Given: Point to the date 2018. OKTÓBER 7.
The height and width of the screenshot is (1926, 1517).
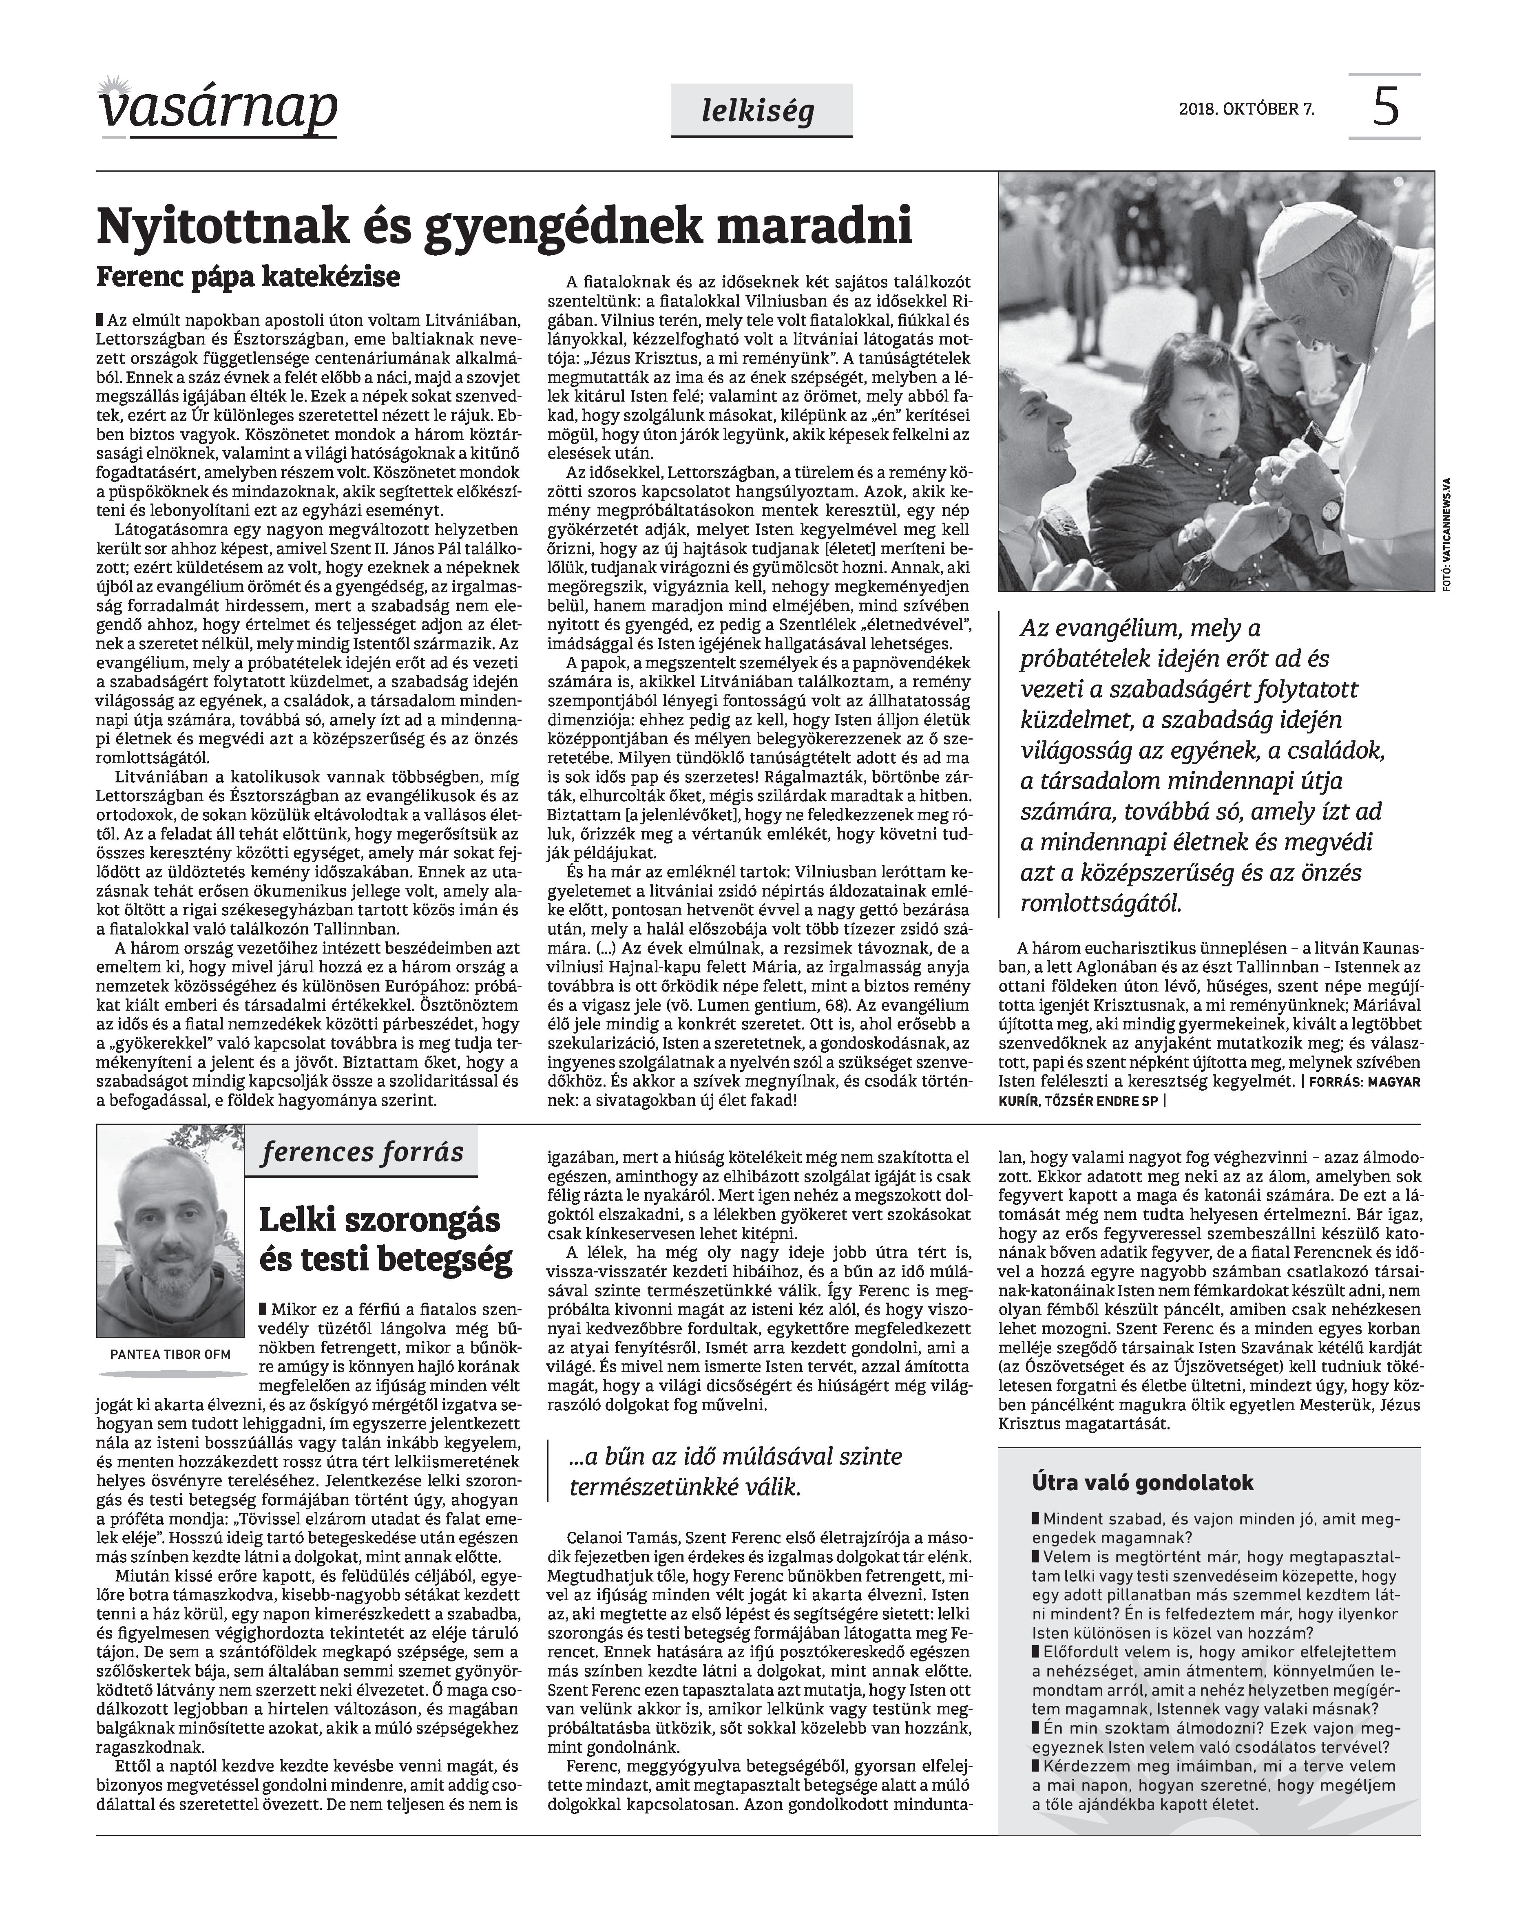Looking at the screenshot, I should pos(1246,110).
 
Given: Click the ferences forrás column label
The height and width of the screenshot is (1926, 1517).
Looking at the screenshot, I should pos(363,1153).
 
